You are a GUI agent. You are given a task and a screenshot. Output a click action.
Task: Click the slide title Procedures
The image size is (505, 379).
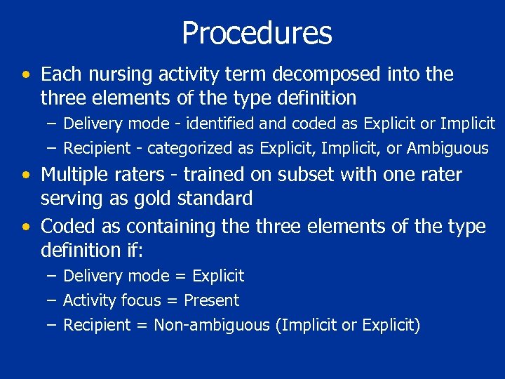(257, 33)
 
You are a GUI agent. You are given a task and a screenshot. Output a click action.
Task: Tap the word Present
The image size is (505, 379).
(211, 300)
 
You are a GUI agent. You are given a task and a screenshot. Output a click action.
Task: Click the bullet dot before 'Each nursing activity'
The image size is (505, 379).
(26, 75)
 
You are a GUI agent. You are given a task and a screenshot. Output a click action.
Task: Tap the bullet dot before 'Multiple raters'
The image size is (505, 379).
(26, 175)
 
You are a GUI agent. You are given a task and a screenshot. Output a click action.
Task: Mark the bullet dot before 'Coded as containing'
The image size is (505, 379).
(26, 227)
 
